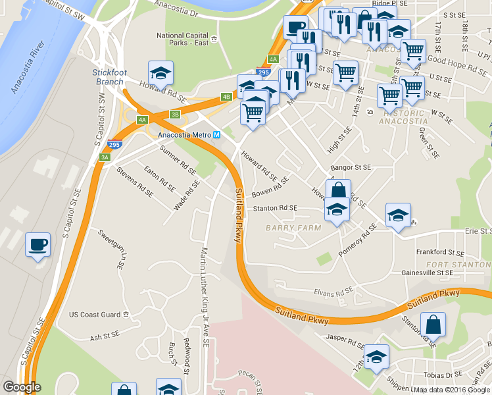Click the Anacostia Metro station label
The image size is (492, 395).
coord(184,135)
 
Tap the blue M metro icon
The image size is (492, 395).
coord(216,135)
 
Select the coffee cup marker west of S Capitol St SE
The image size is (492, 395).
coord(37,245)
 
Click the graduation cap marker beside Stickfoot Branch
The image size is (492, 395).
coord(160,72)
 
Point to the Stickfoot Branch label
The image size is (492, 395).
coord(108,76)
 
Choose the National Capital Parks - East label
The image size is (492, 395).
coord(182,39)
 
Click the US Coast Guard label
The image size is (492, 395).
coord(95,315)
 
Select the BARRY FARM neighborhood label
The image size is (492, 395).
coord(293,228)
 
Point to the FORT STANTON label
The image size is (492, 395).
coord(449,265)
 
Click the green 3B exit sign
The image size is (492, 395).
coord(175,115)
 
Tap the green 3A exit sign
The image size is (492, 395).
coord(105,157)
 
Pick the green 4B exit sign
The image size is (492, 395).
coord(226,97)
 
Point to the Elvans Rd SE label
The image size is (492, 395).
coord(333,289)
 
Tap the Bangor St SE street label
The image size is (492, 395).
coord(350,169)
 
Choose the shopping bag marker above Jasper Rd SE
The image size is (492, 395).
coord(433,325)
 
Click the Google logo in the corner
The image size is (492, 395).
coord(22,387)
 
